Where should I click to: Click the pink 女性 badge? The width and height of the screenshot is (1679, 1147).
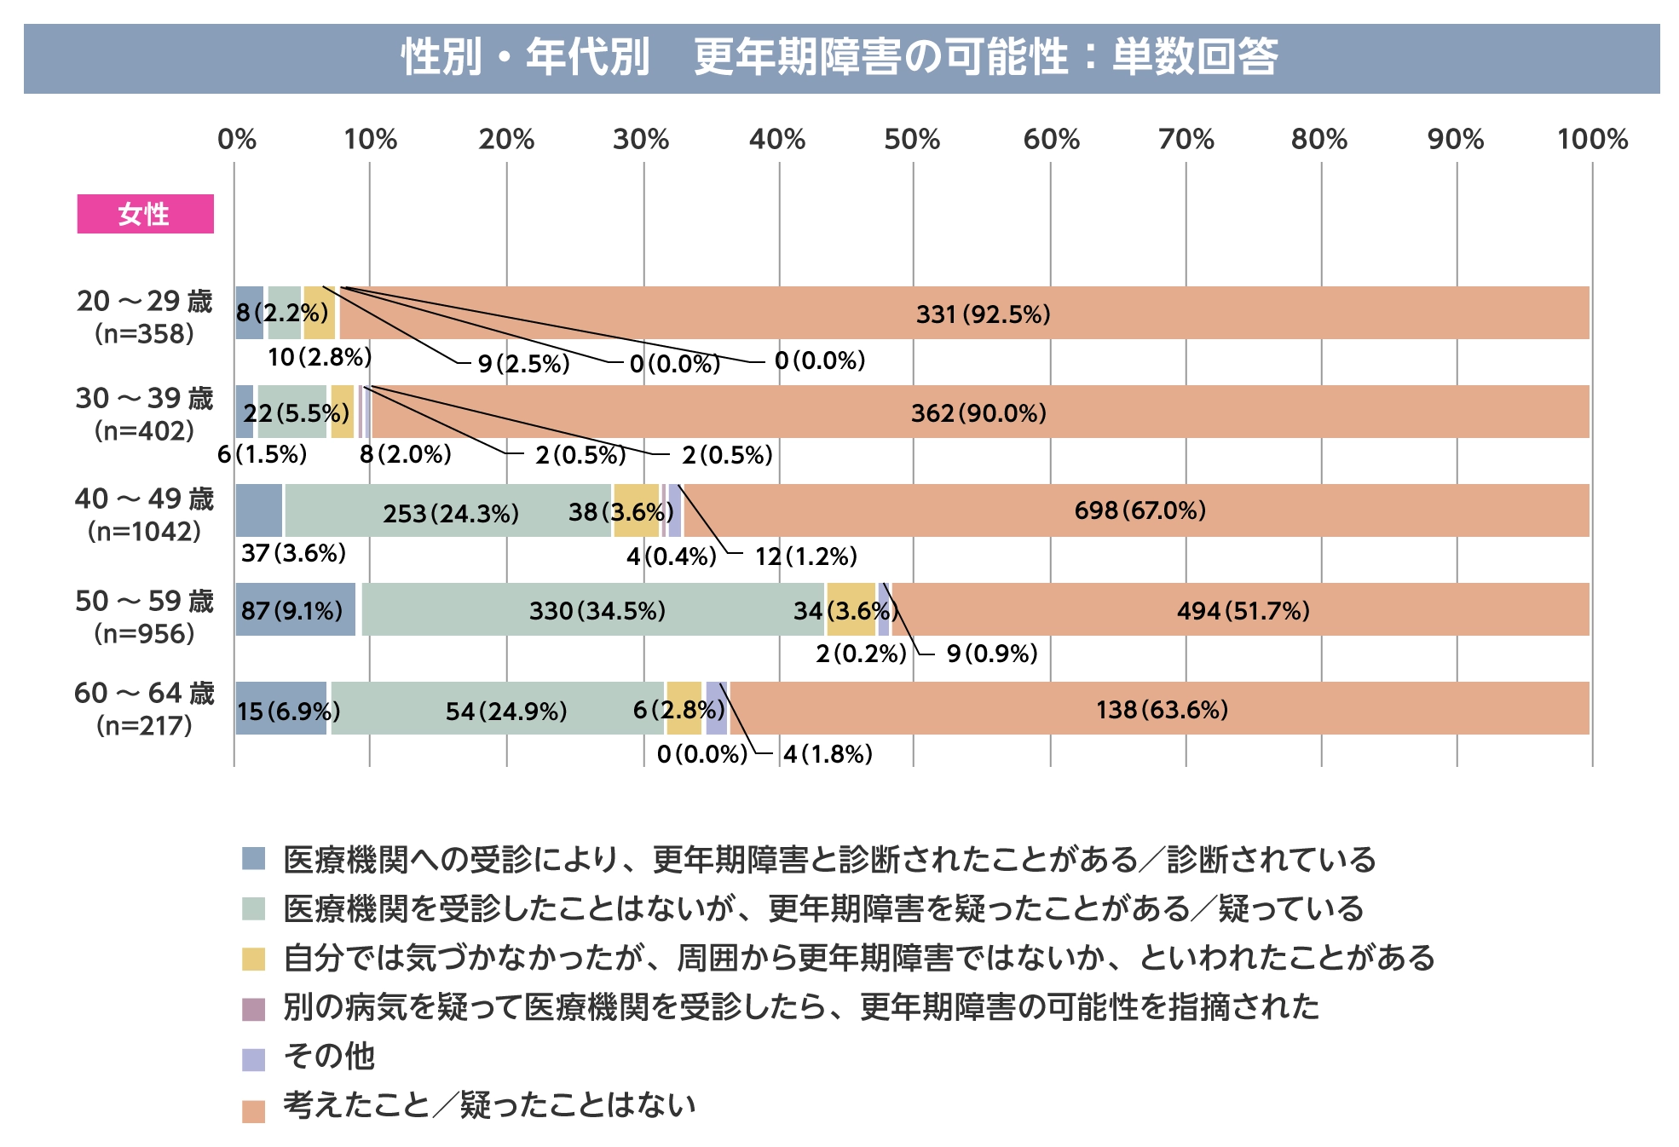(x=145, y=214)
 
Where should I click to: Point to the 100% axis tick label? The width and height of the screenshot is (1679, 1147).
(x=1591, y=139)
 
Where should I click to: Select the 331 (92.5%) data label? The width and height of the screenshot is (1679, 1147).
(x=983, y=314)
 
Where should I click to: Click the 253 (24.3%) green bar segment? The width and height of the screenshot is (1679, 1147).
(x=449, y=512)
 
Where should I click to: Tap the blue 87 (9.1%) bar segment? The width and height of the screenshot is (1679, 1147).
(x=294, y=610)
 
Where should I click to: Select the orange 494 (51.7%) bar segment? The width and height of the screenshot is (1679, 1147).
(x=1242, y=610)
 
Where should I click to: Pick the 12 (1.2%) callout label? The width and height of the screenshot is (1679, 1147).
(x=805, y=556)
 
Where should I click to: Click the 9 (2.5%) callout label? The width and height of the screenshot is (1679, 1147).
(x=523, y=364)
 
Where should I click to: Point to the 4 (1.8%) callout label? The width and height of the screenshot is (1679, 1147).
(x=828, y=754)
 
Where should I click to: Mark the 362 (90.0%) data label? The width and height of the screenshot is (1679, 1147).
(x=978, y=413)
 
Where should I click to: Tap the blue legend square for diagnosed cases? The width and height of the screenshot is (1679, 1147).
(x=253, y=858)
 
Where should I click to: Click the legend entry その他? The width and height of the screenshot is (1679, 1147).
(x=329, y=1056)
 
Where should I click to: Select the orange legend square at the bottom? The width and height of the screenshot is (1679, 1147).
(x=253, y=1110)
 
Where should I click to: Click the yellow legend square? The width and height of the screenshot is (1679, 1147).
(x=253, y=959)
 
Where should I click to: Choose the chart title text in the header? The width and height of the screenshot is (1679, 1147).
(x=839, y=58)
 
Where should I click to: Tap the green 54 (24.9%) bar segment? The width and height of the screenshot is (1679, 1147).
(x=505, y=710)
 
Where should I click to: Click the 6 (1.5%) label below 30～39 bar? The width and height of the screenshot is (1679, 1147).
(x=262, y=454)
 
